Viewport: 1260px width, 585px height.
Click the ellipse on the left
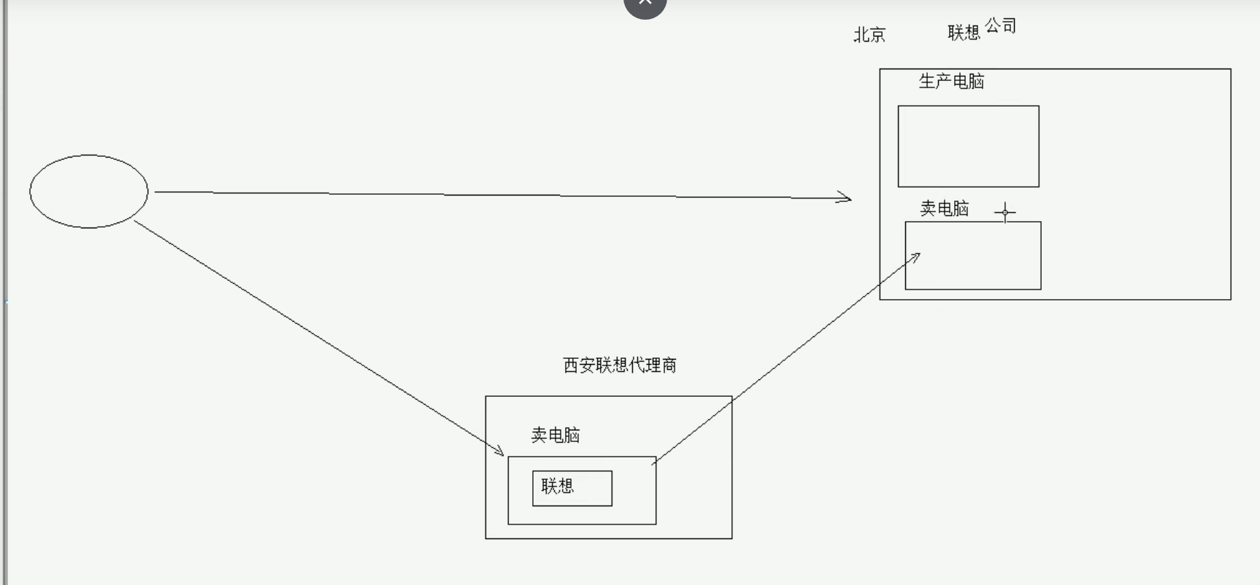coord(88,191)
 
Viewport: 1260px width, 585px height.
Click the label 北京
coord(869,34)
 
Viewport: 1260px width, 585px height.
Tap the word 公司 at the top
coord(1000,26)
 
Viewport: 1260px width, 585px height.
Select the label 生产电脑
coord(951,81)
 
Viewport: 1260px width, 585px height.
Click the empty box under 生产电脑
coord(968,146)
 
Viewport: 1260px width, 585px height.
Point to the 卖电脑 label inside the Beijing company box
coord(944,209)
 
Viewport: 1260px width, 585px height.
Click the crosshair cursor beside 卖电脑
coord(1005,212)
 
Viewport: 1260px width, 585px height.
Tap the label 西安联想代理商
coord(620,365)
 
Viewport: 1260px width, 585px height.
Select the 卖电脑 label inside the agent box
coord(555,435)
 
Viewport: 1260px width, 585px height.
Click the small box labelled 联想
coord(572,488)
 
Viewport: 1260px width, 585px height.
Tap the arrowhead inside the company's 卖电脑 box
coord(915,256)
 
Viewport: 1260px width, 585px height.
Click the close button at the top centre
coord(645,4)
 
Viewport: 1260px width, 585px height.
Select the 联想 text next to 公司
coord(964,32)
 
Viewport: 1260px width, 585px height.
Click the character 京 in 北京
coord(877,34)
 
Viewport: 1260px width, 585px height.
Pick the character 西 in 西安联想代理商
coord(571,365)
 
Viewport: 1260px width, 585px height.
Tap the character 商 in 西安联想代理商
coord(669,365)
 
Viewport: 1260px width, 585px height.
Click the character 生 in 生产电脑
coord(927,81)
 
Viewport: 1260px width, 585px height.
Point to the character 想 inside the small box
coord(566,486)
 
